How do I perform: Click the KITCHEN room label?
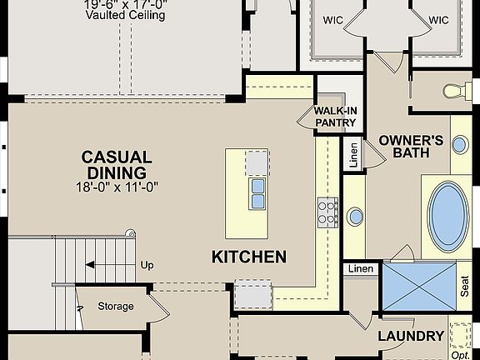[248, 257]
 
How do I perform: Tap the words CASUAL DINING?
[117, 165]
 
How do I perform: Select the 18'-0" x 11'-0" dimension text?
[117, 187]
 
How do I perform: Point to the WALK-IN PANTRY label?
[335, 117]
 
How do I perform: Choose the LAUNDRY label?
[411, 336]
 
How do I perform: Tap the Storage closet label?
[116, 306]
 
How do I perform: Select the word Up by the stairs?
[147, 265]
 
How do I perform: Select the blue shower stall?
[418, 286]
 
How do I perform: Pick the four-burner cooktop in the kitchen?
[327, 213]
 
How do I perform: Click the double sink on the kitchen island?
[257, 192]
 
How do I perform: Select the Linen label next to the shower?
[361, 268]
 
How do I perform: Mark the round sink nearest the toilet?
[460, 144]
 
